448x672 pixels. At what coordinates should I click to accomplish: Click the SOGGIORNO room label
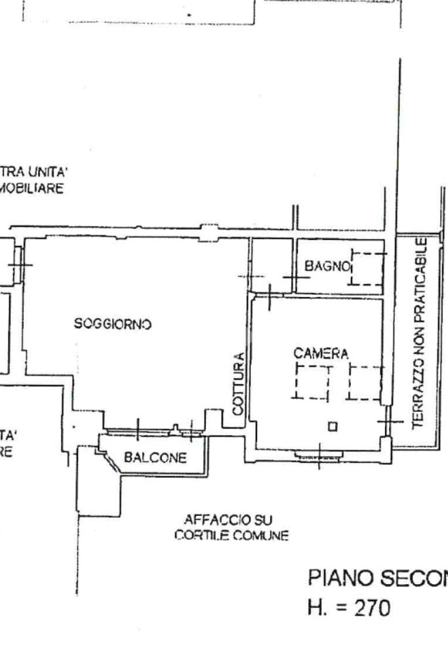pos(113,323)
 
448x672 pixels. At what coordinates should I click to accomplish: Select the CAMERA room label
pos(321,353)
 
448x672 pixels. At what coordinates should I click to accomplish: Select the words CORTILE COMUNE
pos(231,536)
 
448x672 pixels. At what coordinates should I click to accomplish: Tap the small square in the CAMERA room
pos(333,425)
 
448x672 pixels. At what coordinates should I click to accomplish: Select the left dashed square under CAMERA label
pos(312,382)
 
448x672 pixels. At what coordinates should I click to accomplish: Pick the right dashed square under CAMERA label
pos(365,382)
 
